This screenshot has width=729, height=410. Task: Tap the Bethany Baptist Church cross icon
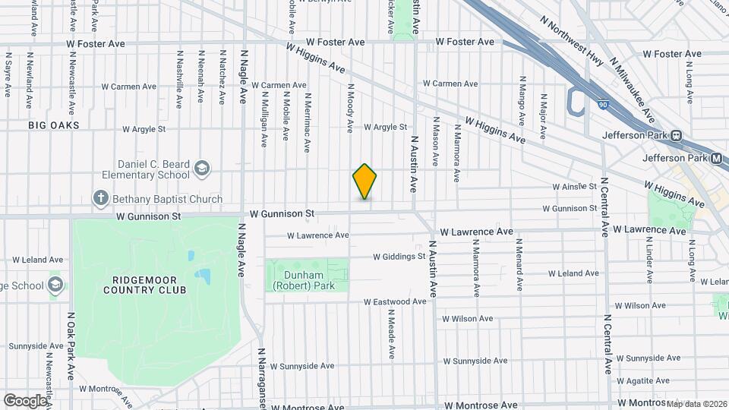click(x=100, y=199)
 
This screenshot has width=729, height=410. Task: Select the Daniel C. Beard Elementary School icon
click(x=201, y=167)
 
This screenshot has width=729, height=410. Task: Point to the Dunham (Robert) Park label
click(x=308, y=280)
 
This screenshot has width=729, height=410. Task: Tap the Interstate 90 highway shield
click(x=602, y=105)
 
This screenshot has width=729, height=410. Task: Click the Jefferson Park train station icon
click(x=675, y=136)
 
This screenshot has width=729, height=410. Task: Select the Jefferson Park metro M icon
click(x=715, y=158)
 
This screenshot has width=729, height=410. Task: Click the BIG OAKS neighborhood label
click(x=54, y=124)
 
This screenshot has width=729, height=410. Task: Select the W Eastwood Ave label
click(x=395, y=301)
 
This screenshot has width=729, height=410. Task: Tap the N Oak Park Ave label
click(x=70, y=345)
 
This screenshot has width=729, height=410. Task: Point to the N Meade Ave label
click(x=391, y=333)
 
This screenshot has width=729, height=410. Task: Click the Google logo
click(x=25, y=400)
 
